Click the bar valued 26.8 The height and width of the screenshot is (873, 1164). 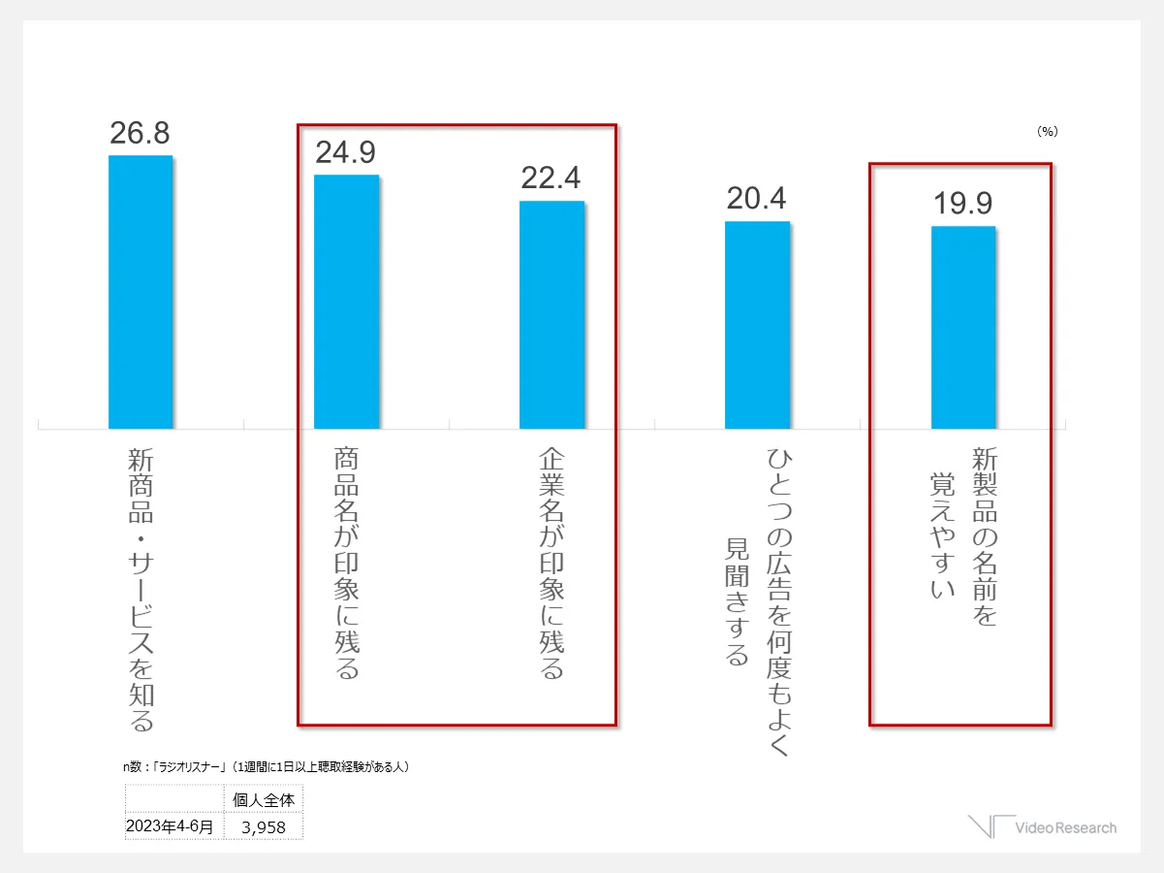(x=141, y=291)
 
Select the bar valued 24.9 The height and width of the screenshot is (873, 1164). (x=346, y=302)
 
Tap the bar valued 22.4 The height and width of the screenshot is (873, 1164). (x=551, y=314)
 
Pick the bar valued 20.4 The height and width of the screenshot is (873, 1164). (x=757, y=325)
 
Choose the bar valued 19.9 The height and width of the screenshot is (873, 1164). (x=963, y=327)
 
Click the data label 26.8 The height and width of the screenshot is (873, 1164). (x=141, y=134)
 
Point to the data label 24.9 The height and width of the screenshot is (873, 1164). (x=346, y=153)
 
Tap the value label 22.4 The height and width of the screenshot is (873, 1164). (x=551, y=178)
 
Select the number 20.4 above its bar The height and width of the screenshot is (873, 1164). (x=757, y=199)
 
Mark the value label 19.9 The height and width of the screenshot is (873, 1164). (x=963, y=205)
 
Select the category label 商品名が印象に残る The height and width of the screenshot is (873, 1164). (x=346, y=563)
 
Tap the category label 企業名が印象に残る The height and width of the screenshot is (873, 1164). (x=551, y=563)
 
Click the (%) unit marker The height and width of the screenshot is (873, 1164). (x=1047, y=131)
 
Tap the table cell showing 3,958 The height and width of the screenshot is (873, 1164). (x=264, y=827)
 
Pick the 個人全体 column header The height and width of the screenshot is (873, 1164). (x=264, y=800)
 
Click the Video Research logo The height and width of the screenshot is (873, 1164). (x=1042, y=826)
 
